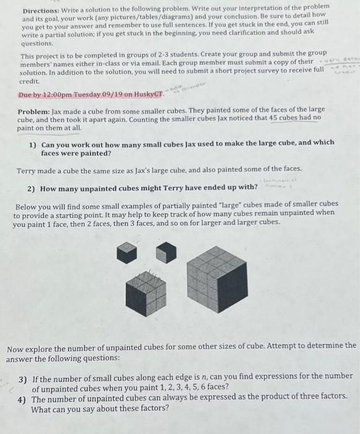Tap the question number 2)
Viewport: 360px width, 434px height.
pyautogui.click(x=32, y=187)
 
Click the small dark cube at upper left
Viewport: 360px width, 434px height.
pyautogui.click(x=126, y=252)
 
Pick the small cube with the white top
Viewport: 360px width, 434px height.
pyautogui.click(x=162, y=252)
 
